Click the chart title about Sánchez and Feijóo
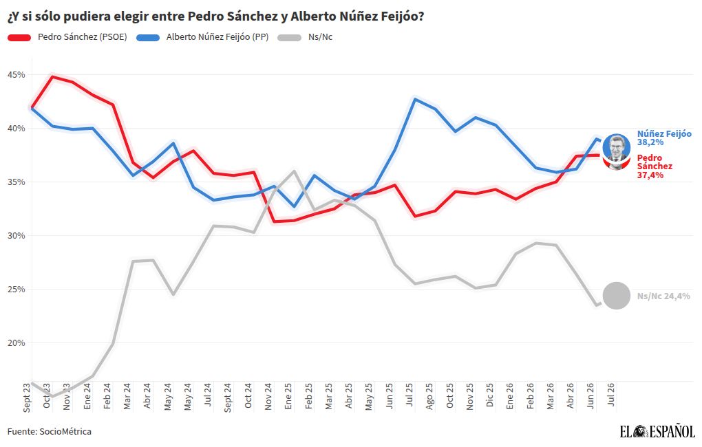coord(215,17)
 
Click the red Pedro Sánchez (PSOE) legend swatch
coord(19,38)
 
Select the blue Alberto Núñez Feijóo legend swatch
coord(148,38)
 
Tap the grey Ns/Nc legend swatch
coord(290,38)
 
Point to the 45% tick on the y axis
coord(16,75)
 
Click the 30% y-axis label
coord(16,236)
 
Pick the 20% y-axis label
coord(16,343)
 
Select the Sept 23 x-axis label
coord(27,397)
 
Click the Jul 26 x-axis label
coord(610,395)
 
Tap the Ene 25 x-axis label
coord(288,396)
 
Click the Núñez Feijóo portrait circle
coord(617,147)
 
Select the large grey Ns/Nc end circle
coord(617,296)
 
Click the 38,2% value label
coord(650,142)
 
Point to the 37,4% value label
coord(650,175)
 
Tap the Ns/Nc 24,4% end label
coord(663,296)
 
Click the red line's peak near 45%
coord(53,76)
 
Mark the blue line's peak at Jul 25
coord(415,99)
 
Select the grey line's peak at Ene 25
coord(294,171)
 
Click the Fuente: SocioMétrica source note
coord(50,431)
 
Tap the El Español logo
coord(657,431)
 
